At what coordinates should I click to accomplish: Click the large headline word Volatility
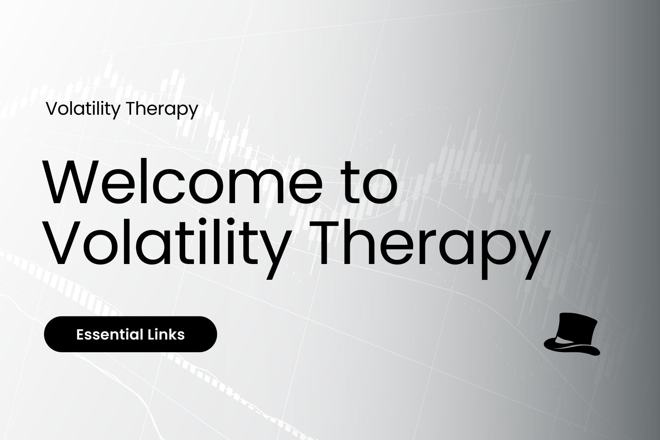(165, 244)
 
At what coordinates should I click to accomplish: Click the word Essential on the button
(110, 334)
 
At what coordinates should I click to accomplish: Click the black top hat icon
(573, 334)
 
